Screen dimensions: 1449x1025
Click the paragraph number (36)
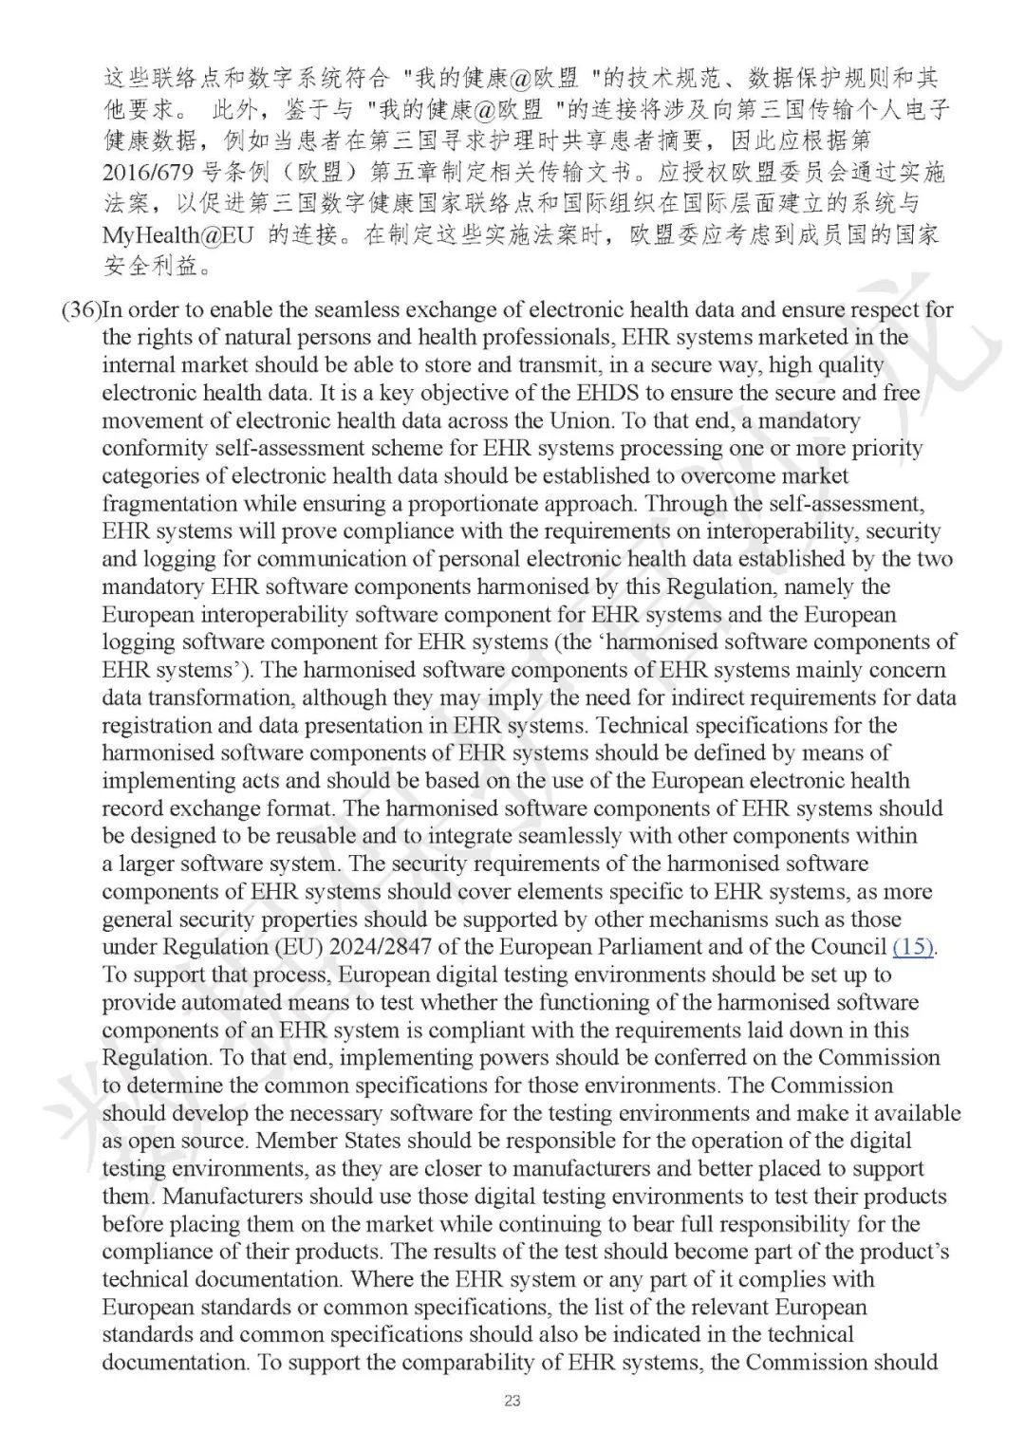[x=81, y=309]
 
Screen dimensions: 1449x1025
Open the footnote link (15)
[x=913, y=947]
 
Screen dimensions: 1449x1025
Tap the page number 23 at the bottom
[x=512, y=1401]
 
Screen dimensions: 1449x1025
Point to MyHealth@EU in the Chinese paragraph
[x=177, y=235]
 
